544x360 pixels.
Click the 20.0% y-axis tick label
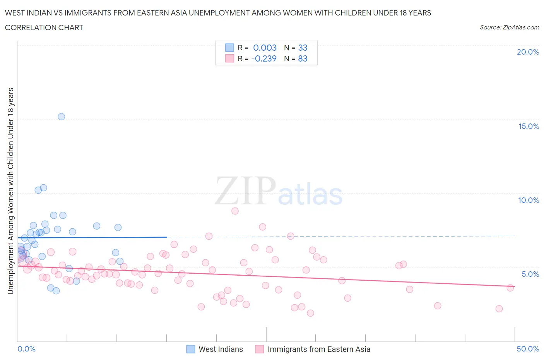pos(528,52)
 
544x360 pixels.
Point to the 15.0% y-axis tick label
pos(529,126)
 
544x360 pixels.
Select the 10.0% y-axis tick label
pos(529,200)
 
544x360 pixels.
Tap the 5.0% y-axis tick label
pos(530,274)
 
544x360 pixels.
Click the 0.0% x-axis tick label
pos(26,349)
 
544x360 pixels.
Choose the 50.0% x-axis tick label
pos(528,349)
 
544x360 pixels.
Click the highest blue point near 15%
pos(61,117)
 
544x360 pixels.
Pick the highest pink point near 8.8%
pos(235,211)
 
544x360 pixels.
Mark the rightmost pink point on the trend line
pos(510,288)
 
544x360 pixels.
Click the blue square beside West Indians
pos(191,349)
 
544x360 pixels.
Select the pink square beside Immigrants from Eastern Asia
pos(260,349)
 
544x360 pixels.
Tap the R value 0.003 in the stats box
pos(265,48)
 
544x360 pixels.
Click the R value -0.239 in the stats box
pos(264,58)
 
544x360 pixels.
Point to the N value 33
pos(303,48)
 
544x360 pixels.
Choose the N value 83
pos(303,58)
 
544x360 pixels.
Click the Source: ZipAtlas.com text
pos(509,27)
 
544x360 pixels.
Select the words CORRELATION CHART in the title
pos(44,27)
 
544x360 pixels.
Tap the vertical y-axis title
pos(11,191)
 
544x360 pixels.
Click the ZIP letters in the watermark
pos(245,190)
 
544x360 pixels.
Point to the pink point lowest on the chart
pos(310,313)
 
